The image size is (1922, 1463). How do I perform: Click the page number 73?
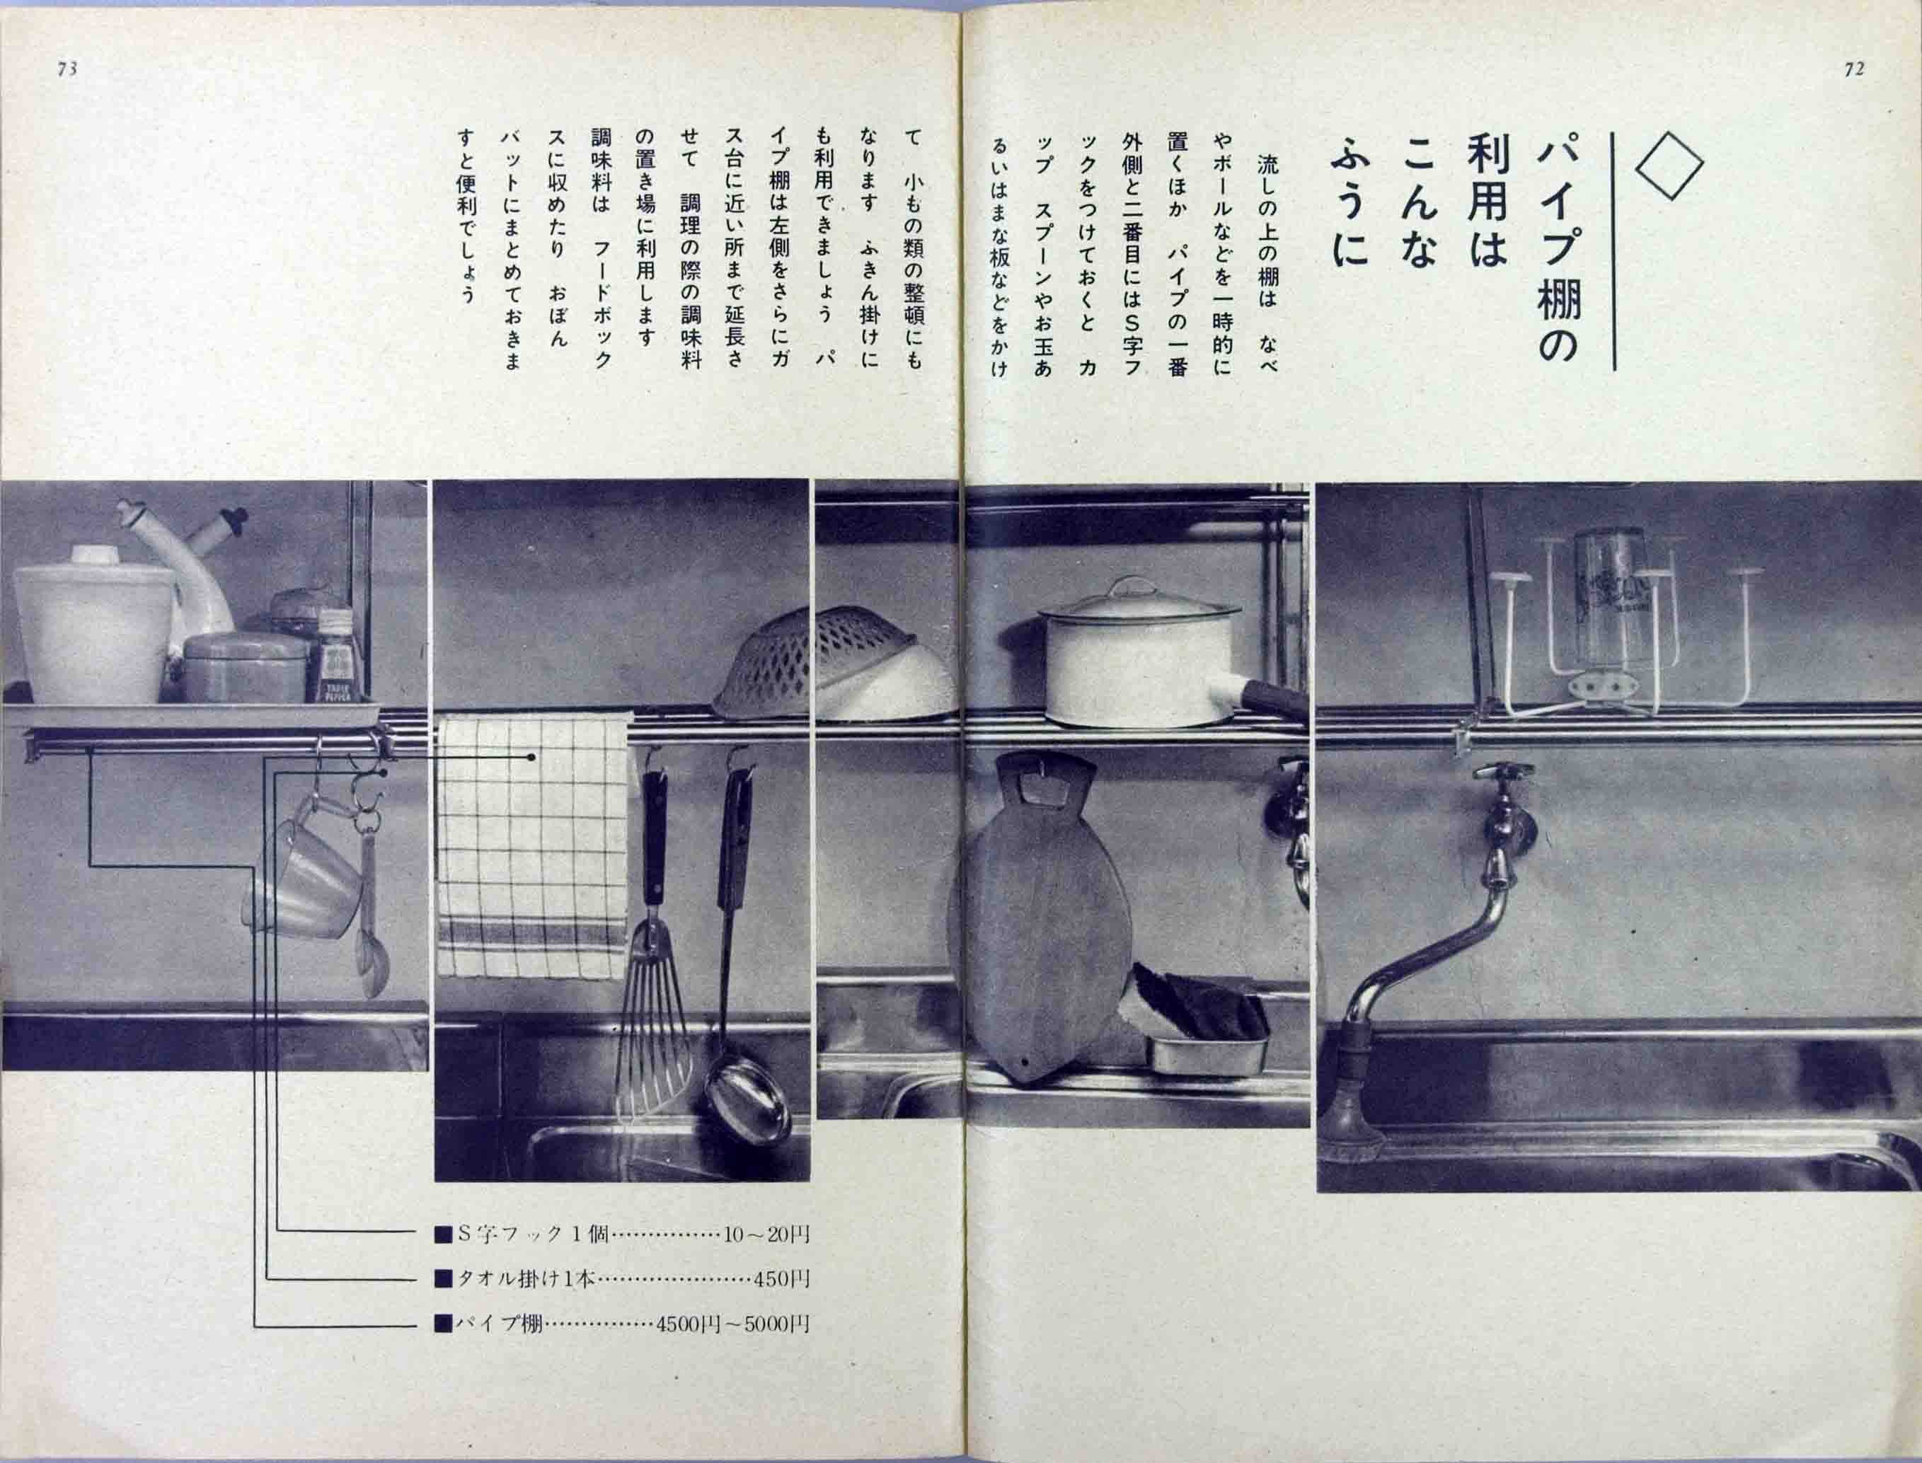(x=67, y=69)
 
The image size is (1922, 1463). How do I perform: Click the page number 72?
(x=1854, y=69)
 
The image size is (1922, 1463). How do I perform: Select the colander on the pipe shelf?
(x=836, y=662)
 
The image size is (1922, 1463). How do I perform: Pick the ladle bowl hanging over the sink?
(x=743, y=1106)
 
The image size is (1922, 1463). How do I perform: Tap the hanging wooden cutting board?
(x=1041, y=923)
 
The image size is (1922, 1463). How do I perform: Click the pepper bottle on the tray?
(x=336, y=657)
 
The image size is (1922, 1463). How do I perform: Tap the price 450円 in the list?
(x=782, y=1304)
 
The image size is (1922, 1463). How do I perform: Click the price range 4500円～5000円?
(x=732, y=1349)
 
